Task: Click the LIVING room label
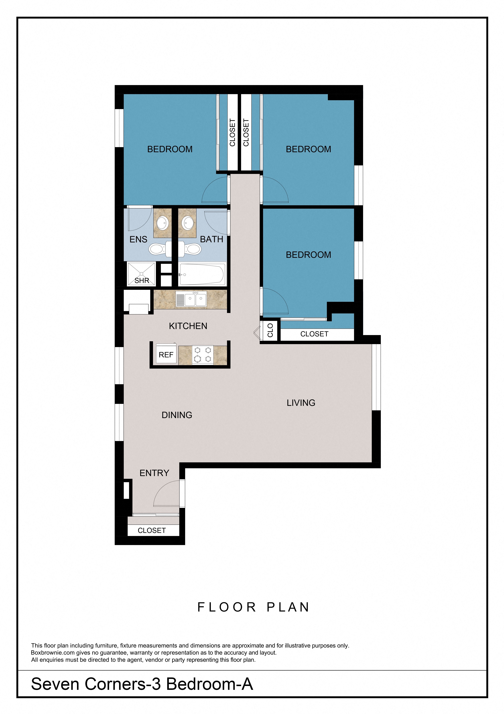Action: coord(301,403)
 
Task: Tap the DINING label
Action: coord(177,415)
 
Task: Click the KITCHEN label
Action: coord(188,326)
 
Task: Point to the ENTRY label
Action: coord(154,473)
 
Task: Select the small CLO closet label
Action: coord(270,330)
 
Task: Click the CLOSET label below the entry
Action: coord(152,531)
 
